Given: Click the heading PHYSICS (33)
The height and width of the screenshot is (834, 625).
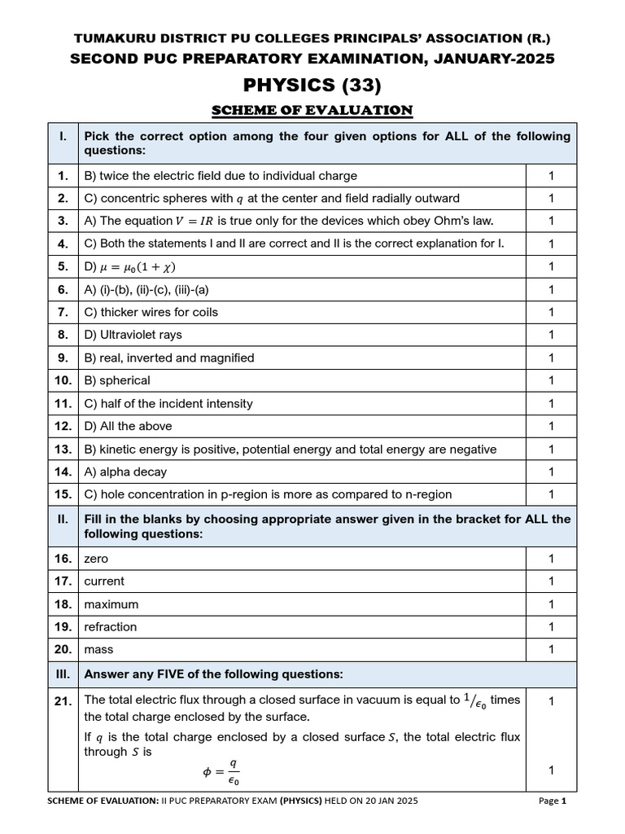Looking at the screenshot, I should coord(312,84).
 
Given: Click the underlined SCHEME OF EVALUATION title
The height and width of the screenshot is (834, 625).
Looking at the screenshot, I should coord(312,110).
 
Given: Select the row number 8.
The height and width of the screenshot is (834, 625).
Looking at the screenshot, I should coord(63,335).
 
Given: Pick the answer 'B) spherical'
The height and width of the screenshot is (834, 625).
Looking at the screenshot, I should coord(117,380).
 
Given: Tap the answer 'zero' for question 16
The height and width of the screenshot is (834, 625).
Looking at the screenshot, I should coord(96,559).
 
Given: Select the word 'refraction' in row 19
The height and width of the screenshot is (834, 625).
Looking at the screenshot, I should coord(111,627).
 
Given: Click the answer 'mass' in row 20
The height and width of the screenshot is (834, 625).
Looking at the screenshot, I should coord(98,650).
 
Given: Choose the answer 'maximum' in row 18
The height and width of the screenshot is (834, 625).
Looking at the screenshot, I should coord(111,604).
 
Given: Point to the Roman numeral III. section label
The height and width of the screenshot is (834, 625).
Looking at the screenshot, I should coord(63,674).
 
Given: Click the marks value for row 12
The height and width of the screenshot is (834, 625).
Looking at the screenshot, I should coord(551,426).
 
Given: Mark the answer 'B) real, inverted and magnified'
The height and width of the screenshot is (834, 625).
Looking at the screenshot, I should coord(169,358).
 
